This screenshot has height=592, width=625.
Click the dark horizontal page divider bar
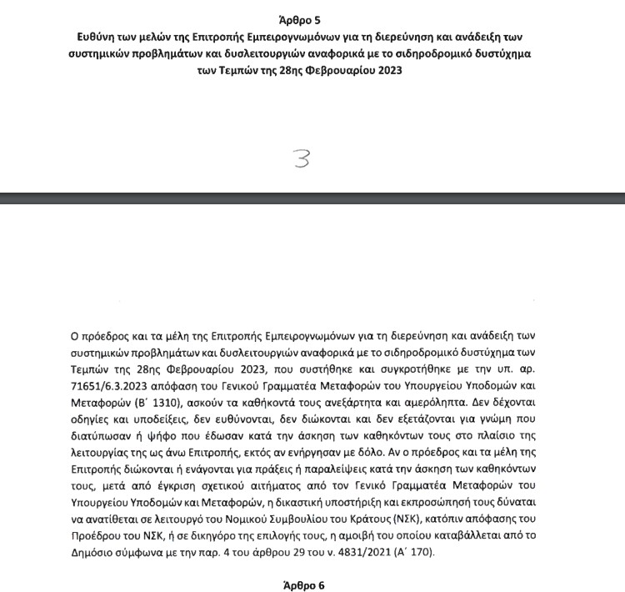312,198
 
